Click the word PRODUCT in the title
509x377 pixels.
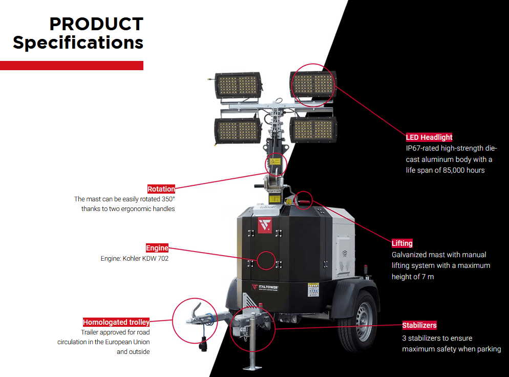point(96,24)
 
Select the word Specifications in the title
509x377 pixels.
point(78,43)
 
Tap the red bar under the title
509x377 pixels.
point(72,65)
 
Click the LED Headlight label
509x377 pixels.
point(429,137)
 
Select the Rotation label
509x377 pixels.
point(161,189)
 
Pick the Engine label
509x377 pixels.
point(157,248)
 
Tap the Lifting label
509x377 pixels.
point(402,243)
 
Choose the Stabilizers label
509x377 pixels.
point(419,325)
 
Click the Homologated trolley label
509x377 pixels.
point(116,322)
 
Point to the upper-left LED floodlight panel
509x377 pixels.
point(238,85)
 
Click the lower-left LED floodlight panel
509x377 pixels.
point(237,130)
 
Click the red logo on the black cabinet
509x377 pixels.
point(264,225)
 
